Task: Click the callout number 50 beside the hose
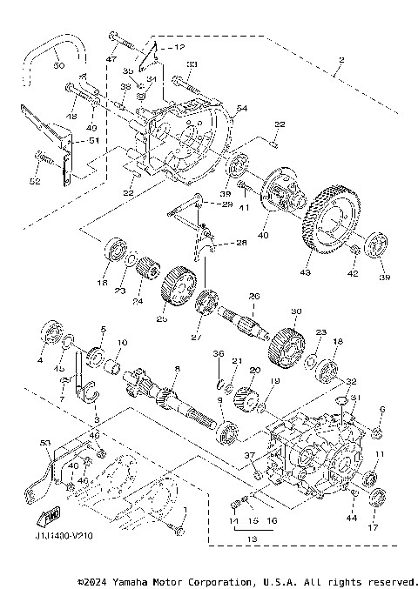coord(57,66)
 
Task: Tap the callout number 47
coord(111,58)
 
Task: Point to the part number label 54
coord(241,107)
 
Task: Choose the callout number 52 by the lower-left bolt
coord(36,181)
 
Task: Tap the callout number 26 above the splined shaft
coord(254,295)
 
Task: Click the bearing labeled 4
coord(54,334)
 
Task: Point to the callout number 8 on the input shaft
coord(178,369)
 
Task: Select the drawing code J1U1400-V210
coord(52,536)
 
